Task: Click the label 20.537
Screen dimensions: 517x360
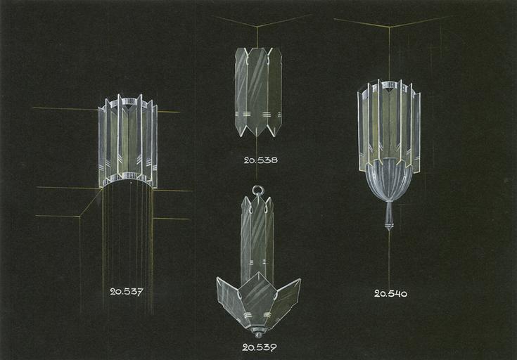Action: click(127, 292)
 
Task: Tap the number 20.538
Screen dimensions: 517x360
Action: click(260, 160)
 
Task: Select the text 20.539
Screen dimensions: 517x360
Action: click(259, 347)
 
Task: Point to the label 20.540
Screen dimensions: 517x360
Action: click(390, 293)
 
